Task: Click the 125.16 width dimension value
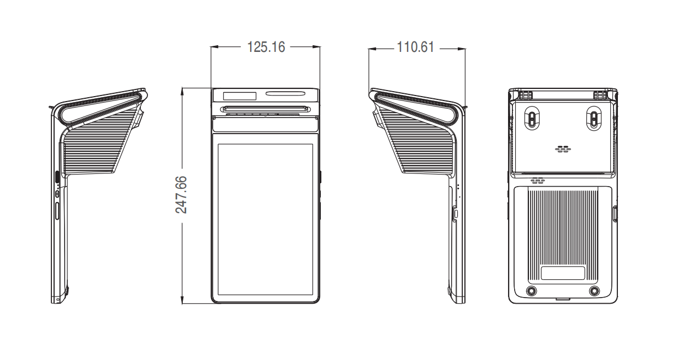[x=266, y=47]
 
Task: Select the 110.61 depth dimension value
[x=415, y=47]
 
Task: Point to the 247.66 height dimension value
[x=181, y=195]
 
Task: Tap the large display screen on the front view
[x=265, y=219]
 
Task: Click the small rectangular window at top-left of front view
[x=240, y=96]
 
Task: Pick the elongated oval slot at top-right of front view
[x=285, y=93]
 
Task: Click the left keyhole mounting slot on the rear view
[x=532, y=118]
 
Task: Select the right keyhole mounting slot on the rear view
[x=594, y=118]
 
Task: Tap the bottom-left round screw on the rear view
[x=531, y=291]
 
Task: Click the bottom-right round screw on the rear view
[x=594, y=291]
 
